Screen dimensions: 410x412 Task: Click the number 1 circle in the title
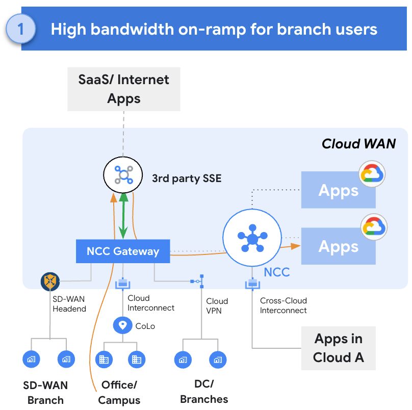(20, 29)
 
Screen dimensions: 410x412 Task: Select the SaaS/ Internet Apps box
(124, 89)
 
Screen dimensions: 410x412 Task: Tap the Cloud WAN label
(358, 144)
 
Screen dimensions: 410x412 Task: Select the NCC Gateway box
(123, 251)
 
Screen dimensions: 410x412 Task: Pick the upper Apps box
(339, 190)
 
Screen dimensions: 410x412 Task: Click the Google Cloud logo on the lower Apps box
(373, 228)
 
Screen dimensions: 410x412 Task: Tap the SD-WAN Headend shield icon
(50, 281)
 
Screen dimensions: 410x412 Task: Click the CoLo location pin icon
(122, 325)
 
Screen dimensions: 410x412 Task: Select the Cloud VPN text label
(217, 305)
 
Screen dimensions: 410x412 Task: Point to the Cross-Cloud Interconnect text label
(284, 305)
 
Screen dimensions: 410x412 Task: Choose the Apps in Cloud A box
(339, 348)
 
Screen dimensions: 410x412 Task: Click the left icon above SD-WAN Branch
(32, 360)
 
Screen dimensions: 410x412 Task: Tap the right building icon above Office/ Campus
(136, 360)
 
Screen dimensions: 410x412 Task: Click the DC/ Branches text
(204, 391)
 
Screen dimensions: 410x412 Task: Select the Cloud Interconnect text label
(151, 303)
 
